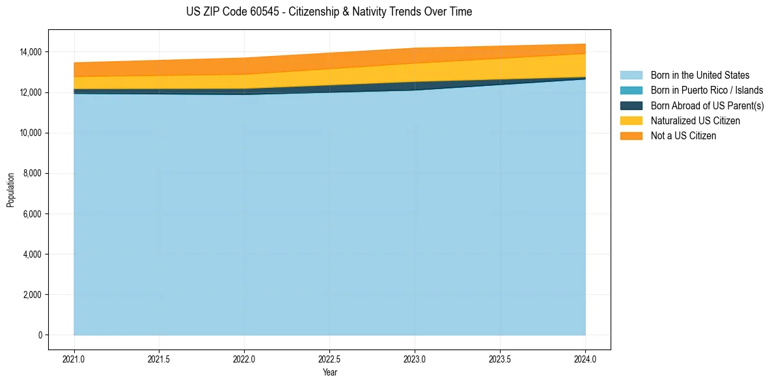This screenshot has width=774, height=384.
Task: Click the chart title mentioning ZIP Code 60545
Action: coord(329,12)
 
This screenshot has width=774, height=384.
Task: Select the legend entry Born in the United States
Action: coord(700,75)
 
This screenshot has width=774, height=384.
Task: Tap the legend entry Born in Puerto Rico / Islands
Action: coord(707,90)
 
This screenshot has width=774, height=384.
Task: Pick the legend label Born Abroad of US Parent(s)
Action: coord(707,105)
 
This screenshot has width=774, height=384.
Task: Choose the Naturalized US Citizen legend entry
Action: coord(695,120)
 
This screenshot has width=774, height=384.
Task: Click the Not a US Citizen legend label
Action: coord(684,135)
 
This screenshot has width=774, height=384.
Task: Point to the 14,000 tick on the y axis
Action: coord(29,52)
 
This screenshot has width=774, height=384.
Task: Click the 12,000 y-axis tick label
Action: coord(29,92)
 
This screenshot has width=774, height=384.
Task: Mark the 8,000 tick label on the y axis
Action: coord(31,173)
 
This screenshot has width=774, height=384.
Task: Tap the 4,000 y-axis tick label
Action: coord(31,254)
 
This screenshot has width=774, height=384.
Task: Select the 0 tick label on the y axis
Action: coord(40,335)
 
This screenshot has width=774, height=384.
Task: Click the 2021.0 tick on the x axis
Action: coord(74,359)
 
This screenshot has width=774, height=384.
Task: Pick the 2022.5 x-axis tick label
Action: coord(329,359)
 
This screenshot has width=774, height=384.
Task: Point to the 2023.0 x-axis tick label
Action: coord(415,359)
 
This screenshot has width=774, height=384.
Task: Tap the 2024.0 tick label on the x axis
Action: coord(585,359)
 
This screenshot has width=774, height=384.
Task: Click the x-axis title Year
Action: coord(329,373)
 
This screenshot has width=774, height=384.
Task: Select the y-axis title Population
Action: coord(10,190)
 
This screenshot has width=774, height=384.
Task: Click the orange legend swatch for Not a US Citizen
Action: coord(631,135)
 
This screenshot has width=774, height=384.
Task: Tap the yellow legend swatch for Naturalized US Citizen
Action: coord(631,120)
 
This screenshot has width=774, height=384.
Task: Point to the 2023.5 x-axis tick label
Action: coord(500,359)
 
